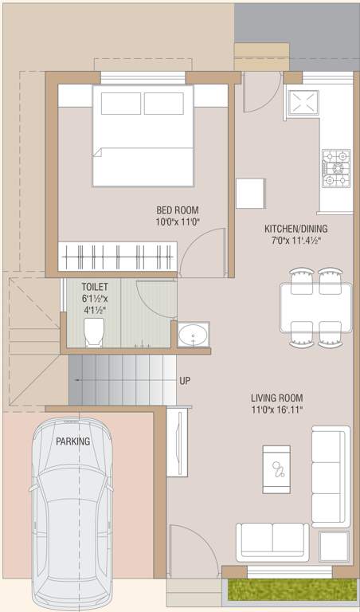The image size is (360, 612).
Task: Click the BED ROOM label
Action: (x=177, y=210)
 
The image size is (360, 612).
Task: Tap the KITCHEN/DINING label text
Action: (x=295, y=229)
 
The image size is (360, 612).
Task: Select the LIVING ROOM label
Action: (x=276, y=398)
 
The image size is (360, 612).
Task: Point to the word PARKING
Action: (x=72, y=441)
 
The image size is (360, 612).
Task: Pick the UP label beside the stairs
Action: (x=185, y=381)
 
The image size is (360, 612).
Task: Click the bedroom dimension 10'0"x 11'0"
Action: (x=177, y=223)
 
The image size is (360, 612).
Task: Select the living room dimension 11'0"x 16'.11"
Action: (x=276, y=410)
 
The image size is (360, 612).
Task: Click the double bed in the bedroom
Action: (x=143, y=135)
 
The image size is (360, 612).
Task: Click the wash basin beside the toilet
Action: (x=193, y=335)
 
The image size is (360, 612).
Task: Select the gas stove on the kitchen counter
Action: (x=335, y=168)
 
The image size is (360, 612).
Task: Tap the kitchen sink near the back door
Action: (x=303, y=103)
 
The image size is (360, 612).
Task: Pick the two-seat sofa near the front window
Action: (x=272, y=542)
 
